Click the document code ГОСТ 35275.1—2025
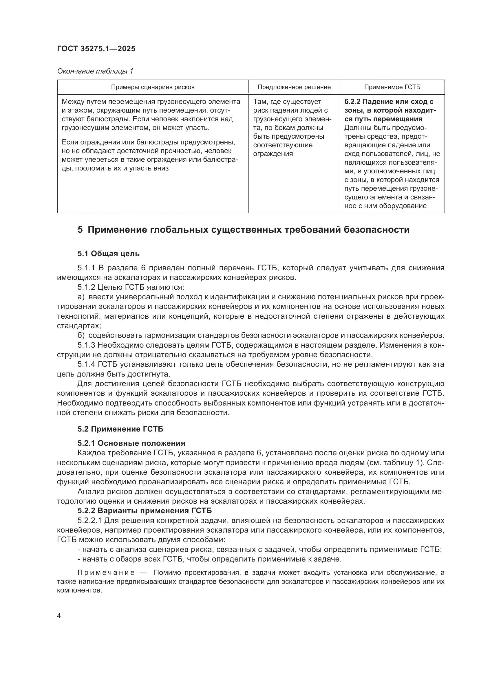pyautogui.click(x=96, y=49)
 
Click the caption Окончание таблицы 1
pyautogui.click(x=95, y=71)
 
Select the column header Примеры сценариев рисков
pyautogui.click(x=153, y=87)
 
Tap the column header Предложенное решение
pyautogui.click(x=294, y=87)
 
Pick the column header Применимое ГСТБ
pyautogui.click(x=392, y=87)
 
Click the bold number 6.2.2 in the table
pyautogui.click(x=352, y=102)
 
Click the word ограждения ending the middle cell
pyautogui.click(x=273, y=154)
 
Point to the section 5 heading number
pyautogui.click(x=80, y=230)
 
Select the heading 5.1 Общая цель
pyautogui.click(x=109, y=254)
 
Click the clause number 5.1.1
pyautogui.click(x=86, y=268)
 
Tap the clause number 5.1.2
pyautogui.click(x=86, y=287)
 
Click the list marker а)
pyautogui.click(x=81, y=297)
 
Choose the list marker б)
pyautogui.click(x=81, y=335)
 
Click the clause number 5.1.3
pyautogui.click(x=86, y=345)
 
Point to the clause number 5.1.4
pyautogui.click(x=86, y=364)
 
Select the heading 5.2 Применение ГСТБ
pyautogui.click(x=120, y=429)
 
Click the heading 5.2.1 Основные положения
pyautogui.click(x=131, y=443)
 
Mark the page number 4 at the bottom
pyautogui.click(x=59, y=616)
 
